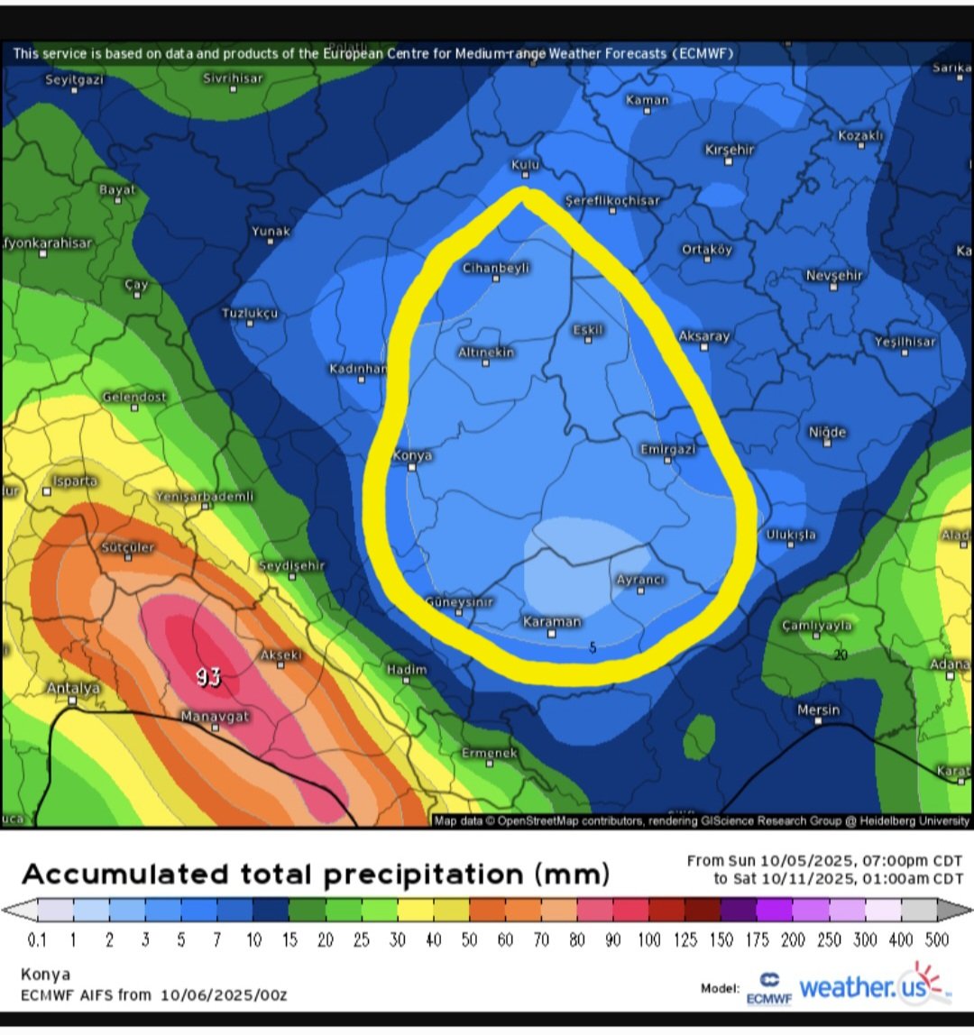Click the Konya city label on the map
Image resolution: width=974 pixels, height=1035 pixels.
click(412, 455)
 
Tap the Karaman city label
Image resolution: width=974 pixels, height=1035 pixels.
click(552, 621)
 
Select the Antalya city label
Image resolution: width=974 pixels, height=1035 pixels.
click(73, 688)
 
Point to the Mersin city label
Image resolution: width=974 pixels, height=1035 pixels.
click(818, 710)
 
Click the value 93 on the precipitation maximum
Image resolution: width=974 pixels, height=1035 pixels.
click(208, 677)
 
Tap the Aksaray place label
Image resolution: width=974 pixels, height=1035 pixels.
click(704, 335)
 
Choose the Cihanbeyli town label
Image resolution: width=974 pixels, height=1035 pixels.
click(496, 268)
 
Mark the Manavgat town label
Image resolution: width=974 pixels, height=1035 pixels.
click(215, 716)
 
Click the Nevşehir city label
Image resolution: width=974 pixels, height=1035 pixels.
click(834, 275)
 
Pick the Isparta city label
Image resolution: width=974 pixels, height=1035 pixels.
click(74, 481)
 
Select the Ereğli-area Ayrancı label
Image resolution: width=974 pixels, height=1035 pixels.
click(640, 580)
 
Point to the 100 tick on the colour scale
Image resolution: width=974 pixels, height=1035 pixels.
click(649, 940)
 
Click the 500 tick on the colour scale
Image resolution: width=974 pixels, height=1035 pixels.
click(937, 940)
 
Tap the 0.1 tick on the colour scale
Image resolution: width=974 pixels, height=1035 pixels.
click(37, 940)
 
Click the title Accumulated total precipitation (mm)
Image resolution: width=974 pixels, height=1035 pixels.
click(316, 875)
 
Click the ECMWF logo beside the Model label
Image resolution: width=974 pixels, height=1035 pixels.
click(769, 988)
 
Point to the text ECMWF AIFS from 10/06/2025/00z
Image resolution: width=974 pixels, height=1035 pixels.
click(154, 995)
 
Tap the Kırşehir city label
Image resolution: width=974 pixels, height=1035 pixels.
click(729, 150)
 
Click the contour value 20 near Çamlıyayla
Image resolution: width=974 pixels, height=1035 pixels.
click(841, 655)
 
